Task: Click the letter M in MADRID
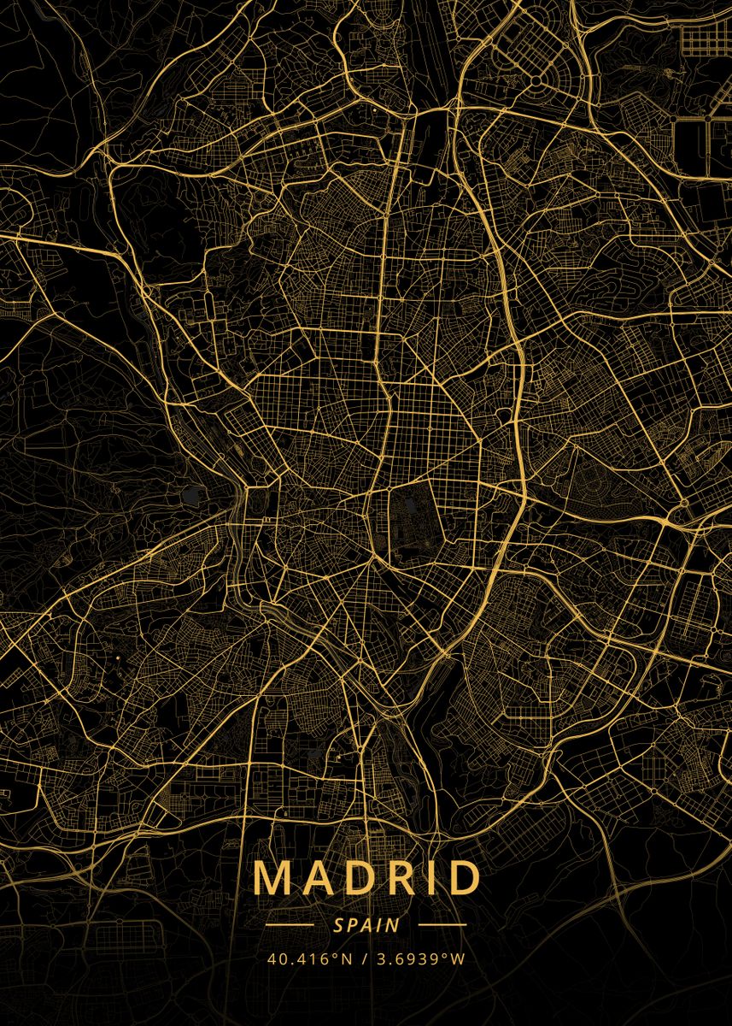tap(272, 878)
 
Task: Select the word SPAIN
tap(366, 924)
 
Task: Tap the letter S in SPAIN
tap(339, 924)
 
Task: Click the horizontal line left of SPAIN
tap(290, 924)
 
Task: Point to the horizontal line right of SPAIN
tap(442, 924)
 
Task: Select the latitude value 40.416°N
tap(309, 958)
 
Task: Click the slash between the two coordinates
tap(364, 958)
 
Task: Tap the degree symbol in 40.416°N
tap(339, 955)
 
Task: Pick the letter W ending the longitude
tap(459, 958)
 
